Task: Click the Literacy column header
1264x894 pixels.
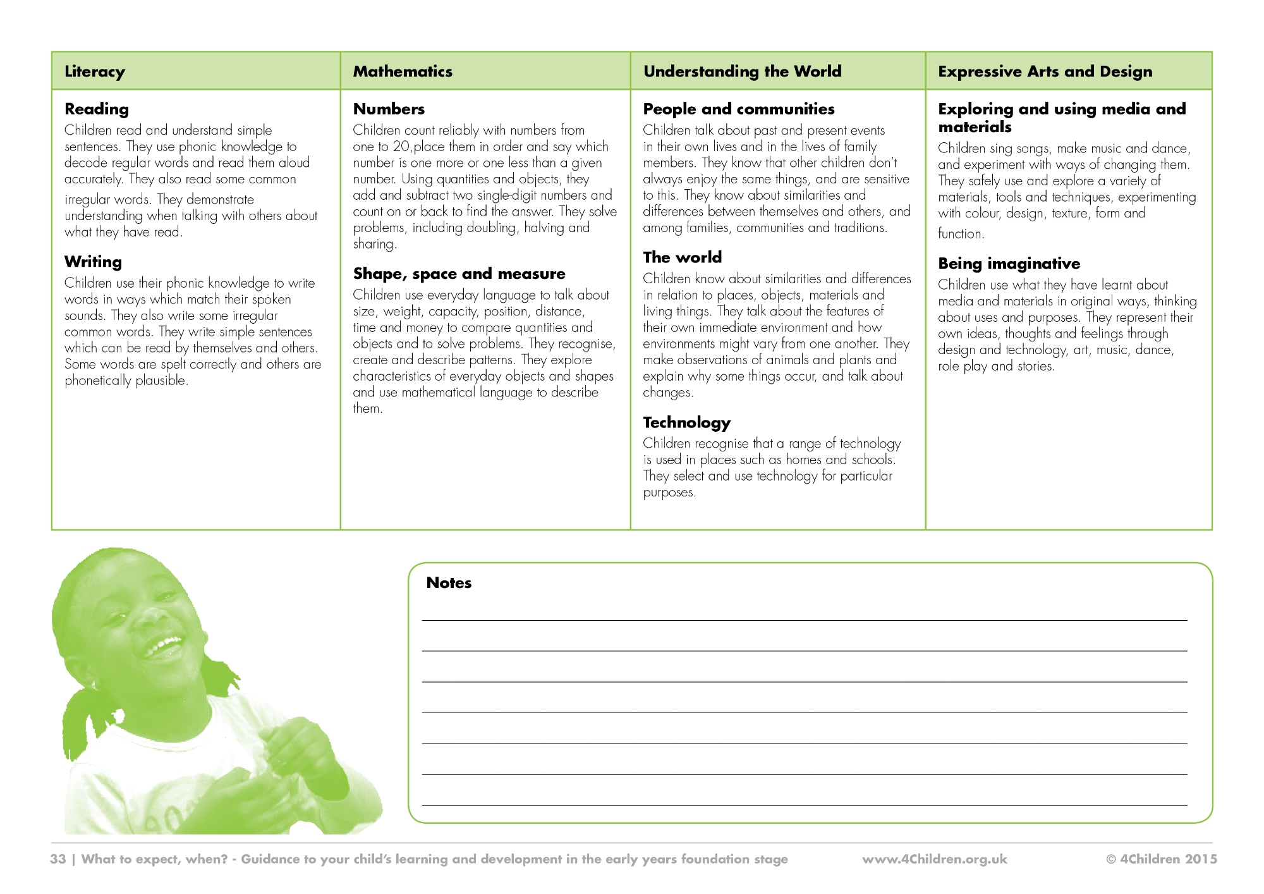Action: click(95, 71)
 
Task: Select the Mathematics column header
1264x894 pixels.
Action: click(403, 71)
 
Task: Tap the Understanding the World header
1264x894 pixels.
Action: click(742, 71)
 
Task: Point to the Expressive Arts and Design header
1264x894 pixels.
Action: click(1045, 71)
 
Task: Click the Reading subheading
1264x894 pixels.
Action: click(97, 109)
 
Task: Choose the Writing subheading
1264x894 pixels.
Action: click(93, 262)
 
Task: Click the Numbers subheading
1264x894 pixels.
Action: click(389, 109)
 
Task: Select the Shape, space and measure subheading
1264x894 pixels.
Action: click(459, 274)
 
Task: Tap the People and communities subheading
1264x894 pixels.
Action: click(738, 109)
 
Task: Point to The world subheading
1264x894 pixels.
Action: click(682, 257)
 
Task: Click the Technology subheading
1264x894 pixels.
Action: click(686, 422)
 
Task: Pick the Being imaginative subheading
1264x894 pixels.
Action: click(1009, 264)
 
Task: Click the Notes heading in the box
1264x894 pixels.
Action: click(449, 583)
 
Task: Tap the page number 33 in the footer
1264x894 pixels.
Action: click(58, 859)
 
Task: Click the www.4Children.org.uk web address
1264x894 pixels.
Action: click(934, 859)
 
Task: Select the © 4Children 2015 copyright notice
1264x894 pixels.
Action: click(1161, 859)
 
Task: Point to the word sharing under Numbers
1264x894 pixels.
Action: click(374, 244)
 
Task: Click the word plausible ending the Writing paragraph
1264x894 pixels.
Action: click(160, 381)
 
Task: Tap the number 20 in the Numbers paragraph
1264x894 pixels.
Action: click(401, 147)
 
